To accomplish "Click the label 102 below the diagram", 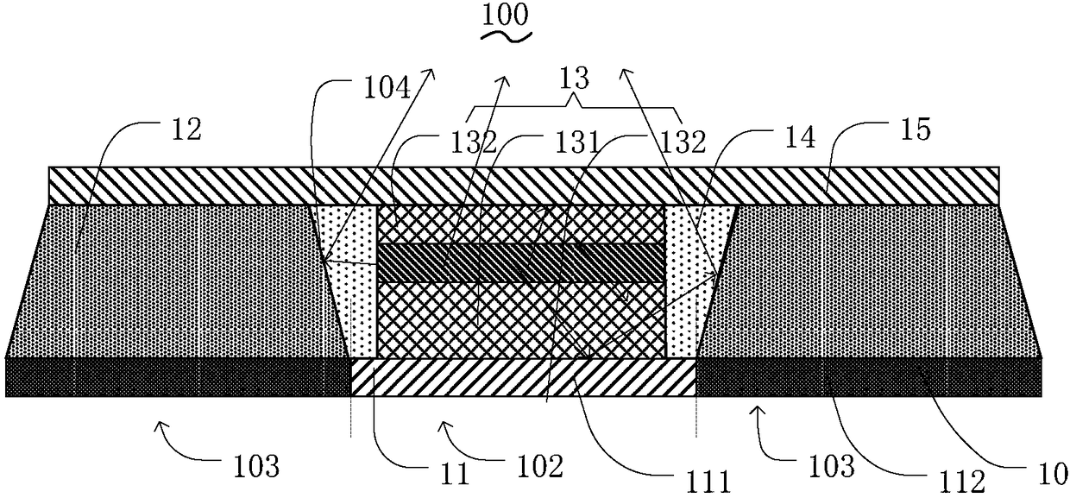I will click(536, 467).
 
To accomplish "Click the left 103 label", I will click(256, 467).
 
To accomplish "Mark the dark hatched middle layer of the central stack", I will click(521, 262).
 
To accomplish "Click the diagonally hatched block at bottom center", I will click(523, 378).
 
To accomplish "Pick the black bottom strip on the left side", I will click(177, 377).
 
